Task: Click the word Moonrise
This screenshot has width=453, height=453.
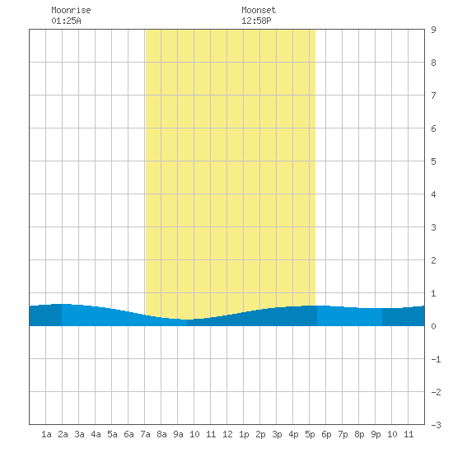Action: [71, 10]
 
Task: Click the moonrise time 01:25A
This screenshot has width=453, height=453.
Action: [66, 21]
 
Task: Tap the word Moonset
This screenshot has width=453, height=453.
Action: [259, 10]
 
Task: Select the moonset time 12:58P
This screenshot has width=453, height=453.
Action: [256, 21]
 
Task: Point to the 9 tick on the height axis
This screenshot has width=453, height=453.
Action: [433, 30]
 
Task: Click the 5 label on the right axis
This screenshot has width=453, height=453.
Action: [433, 161]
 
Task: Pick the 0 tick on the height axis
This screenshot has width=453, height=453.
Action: [433, 326]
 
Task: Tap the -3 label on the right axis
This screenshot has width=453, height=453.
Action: [436, 425]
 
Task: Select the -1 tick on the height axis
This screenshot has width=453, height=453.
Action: [436, 359]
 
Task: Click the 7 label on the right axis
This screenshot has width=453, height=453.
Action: [433, 96]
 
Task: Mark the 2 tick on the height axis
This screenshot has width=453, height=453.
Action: [433, 260]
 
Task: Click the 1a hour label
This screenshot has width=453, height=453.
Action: [46, 434]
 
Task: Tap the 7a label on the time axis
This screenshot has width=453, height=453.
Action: [145, 434]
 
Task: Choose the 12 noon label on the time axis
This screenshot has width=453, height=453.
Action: [227, 434]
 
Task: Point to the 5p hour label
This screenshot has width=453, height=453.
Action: [310, 434]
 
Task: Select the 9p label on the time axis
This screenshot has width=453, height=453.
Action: [376, 434]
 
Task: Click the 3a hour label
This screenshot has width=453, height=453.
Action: [79, 434]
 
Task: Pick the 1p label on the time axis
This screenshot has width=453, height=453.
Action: [244, 434]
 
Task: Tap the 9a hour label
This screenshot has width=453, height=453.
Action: [178, 434]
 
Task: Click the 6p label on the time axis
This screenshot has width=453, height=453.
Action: [326, 434]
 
